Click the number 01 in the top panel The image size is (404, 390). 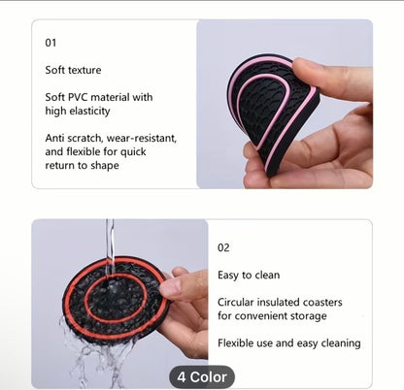tap(51, 43)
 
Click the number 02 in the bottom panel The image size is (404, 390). tap(223, 247)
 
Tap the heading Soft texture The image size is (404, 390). tap(73, 70)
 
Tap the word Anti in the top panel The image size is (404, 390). tap(55, 138)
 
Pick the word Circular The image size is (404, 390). tap(239, 302)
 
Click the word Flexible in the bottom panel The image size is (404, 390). tap(239, 342)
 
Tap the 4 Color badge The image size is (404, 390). tap(202, 376)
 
